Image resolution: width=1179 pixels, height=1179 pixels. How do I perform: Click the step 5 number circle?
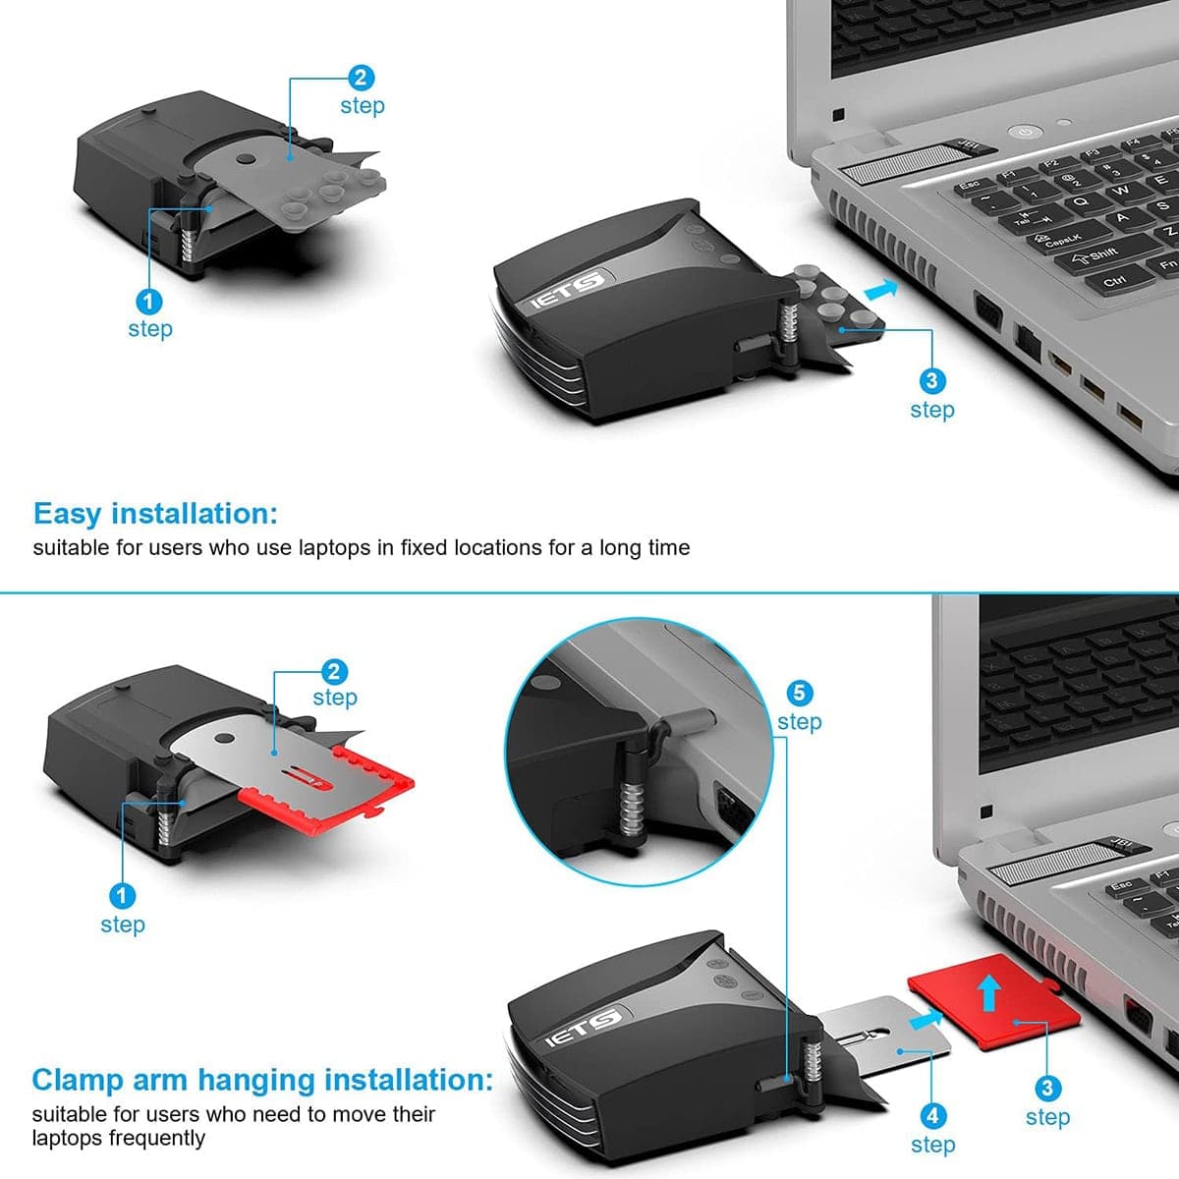[x=799, y=693]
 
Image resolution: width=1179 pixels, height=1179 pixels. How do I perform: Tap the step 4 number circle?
[x=931, y=1116]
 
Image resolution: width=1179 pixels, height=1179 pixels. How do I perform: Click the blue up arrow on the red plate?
[x=989, y=992]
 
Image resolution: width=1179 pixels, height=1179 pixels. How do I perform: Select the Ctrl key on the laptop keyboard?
[x=1115, y=281]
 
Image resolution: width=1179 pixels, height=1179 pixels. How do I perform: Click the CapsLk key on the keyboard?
[x=1063, y=238]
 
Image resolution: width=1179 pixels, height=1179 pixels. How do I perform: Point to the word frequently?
[x=157, y=1139]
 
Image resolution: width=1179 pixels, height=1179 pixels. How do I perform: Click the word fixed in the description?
[x=423, y=547]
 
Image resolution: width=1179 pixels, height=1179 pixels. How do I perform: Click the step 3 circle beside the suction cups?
[x=931, y=381]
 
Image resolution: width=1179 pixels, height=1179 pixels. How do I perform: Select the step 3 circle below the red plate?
[x=1046, y=1089]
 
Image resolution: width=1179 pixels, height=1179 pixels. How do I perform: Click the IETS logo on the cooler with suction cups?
[x=567, y=292]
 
